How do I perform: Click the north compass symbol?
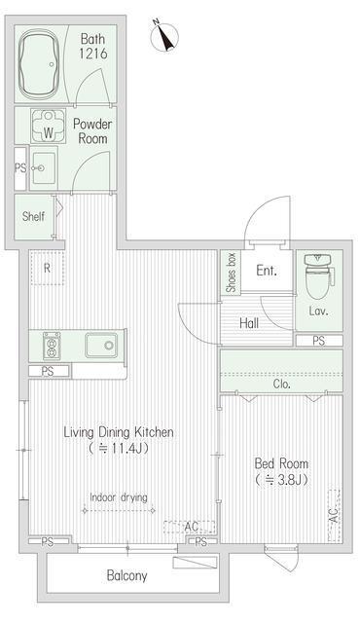coord(164,36)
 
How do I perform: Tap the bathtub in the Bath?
coord(39,64)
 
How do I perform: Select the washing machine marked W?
coord(48,126)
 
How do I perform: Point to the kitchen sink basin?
coord(101,345)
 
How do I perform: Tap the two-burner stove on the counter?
coord(52,345)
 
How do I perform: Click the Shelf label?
coord(33,216)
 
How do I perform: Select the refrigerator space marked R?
coord(47,269)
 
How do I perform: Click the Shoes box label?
coord(231,273)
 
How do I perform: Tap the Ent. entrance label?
coord(267,271)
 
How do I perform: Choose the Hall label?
coord(249,323)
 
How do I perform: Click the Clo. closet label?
coord(282,385)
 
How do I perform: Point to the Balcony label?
coord(127,575)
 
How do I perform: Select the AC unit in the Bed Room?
coord(334,516)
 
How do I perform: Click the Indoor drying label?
coord(119,497)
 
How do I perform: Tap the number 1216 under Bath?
coord(92,54)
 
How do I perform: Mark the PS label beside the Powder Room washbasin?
coord(20,168)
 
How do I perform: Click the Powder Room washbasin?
coord(44,168)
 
